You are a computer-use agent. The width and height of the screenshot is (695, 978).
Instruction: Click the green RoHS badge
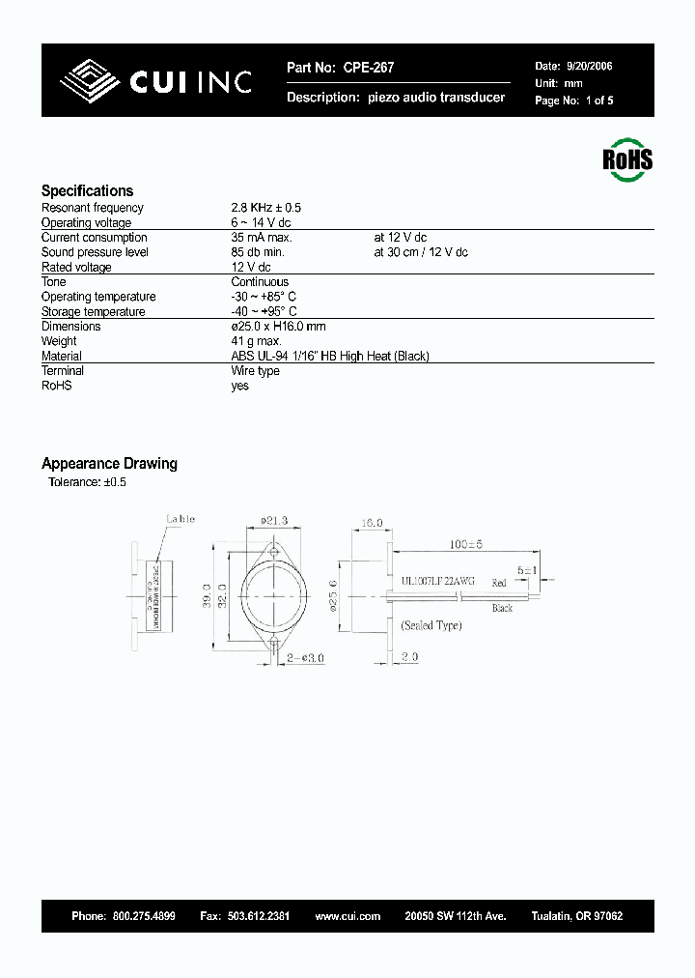(627, 159)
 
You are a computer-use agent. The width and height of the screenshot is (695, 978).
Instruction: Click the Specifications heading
(87, 191)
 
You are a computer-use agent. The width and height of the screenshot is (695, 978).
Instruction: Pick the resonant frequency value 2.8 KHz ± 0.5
(265, 208)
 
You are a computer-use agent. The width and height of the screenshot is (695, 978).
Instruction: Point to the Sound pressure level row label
(95, 252)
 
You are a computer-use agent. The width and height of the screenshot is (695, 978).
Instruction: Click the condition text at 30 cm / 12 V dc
(421, 252)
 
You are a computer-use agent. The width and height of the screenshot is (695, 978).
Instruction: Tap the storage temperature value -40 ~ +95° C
(264, 312)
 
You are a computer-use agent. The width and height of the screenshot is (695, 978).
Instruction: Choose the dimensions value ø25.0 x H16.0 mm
(279, 327)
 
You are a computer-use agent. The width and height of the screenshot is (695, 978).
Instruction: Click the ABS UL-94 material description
(330, 357)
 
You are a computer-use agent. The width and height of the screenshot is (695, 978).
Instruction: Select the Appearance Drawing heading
(109, 464)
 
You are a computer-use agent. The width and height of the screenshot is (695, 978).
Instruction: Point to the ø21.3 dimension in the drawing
(276, 521)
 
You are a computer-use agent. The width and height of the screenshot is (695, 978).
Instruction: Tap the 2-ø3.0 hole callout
(305, 657)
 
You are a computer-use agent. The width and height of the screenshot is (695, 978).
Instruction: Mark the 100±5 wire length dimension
(464, 544)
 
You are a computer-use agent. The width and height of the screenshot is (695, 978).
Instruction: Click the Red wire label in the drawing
(498, 583)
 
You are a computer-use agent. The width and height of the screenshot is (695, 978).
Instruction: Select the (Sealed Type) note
(431, 625)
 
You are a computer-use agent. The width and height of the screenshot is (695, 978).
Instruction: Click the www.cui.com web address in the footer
(347, 916)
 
